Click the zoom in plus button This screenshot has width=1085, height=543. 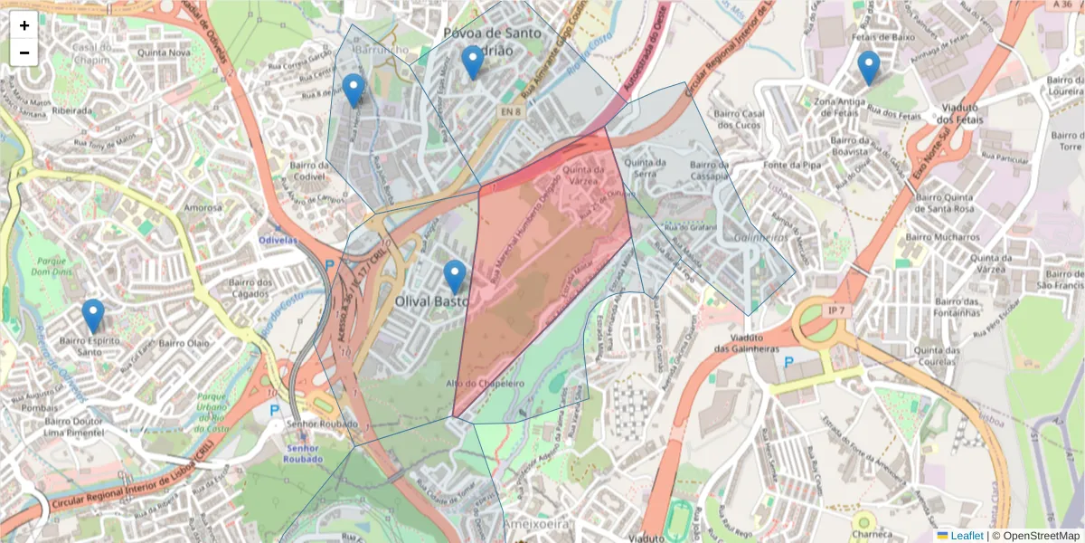pos(24,25)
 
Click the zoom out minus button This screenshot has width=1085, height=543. pos(24,52)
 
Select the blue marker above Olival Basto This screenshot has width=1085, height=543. pos(455,277)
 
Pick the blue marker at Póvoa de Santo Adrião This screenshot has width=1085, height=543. pos(471,62)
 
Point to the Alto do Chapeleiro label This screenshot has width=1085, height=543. pos(485,384)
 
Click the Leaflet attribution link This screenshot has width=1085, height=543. pos(966,536)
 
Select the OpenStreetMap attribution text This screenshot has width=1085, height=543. pos(1035,536)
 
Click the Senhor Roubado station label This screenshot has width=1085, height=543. pos(302,453)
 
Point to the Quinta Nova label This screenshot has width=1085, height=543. pos(164,52)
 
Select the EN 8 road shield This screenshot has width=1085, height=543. pos(511,111)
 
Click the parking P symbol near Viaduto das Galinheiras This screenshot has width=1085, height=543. pos(788,362)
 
